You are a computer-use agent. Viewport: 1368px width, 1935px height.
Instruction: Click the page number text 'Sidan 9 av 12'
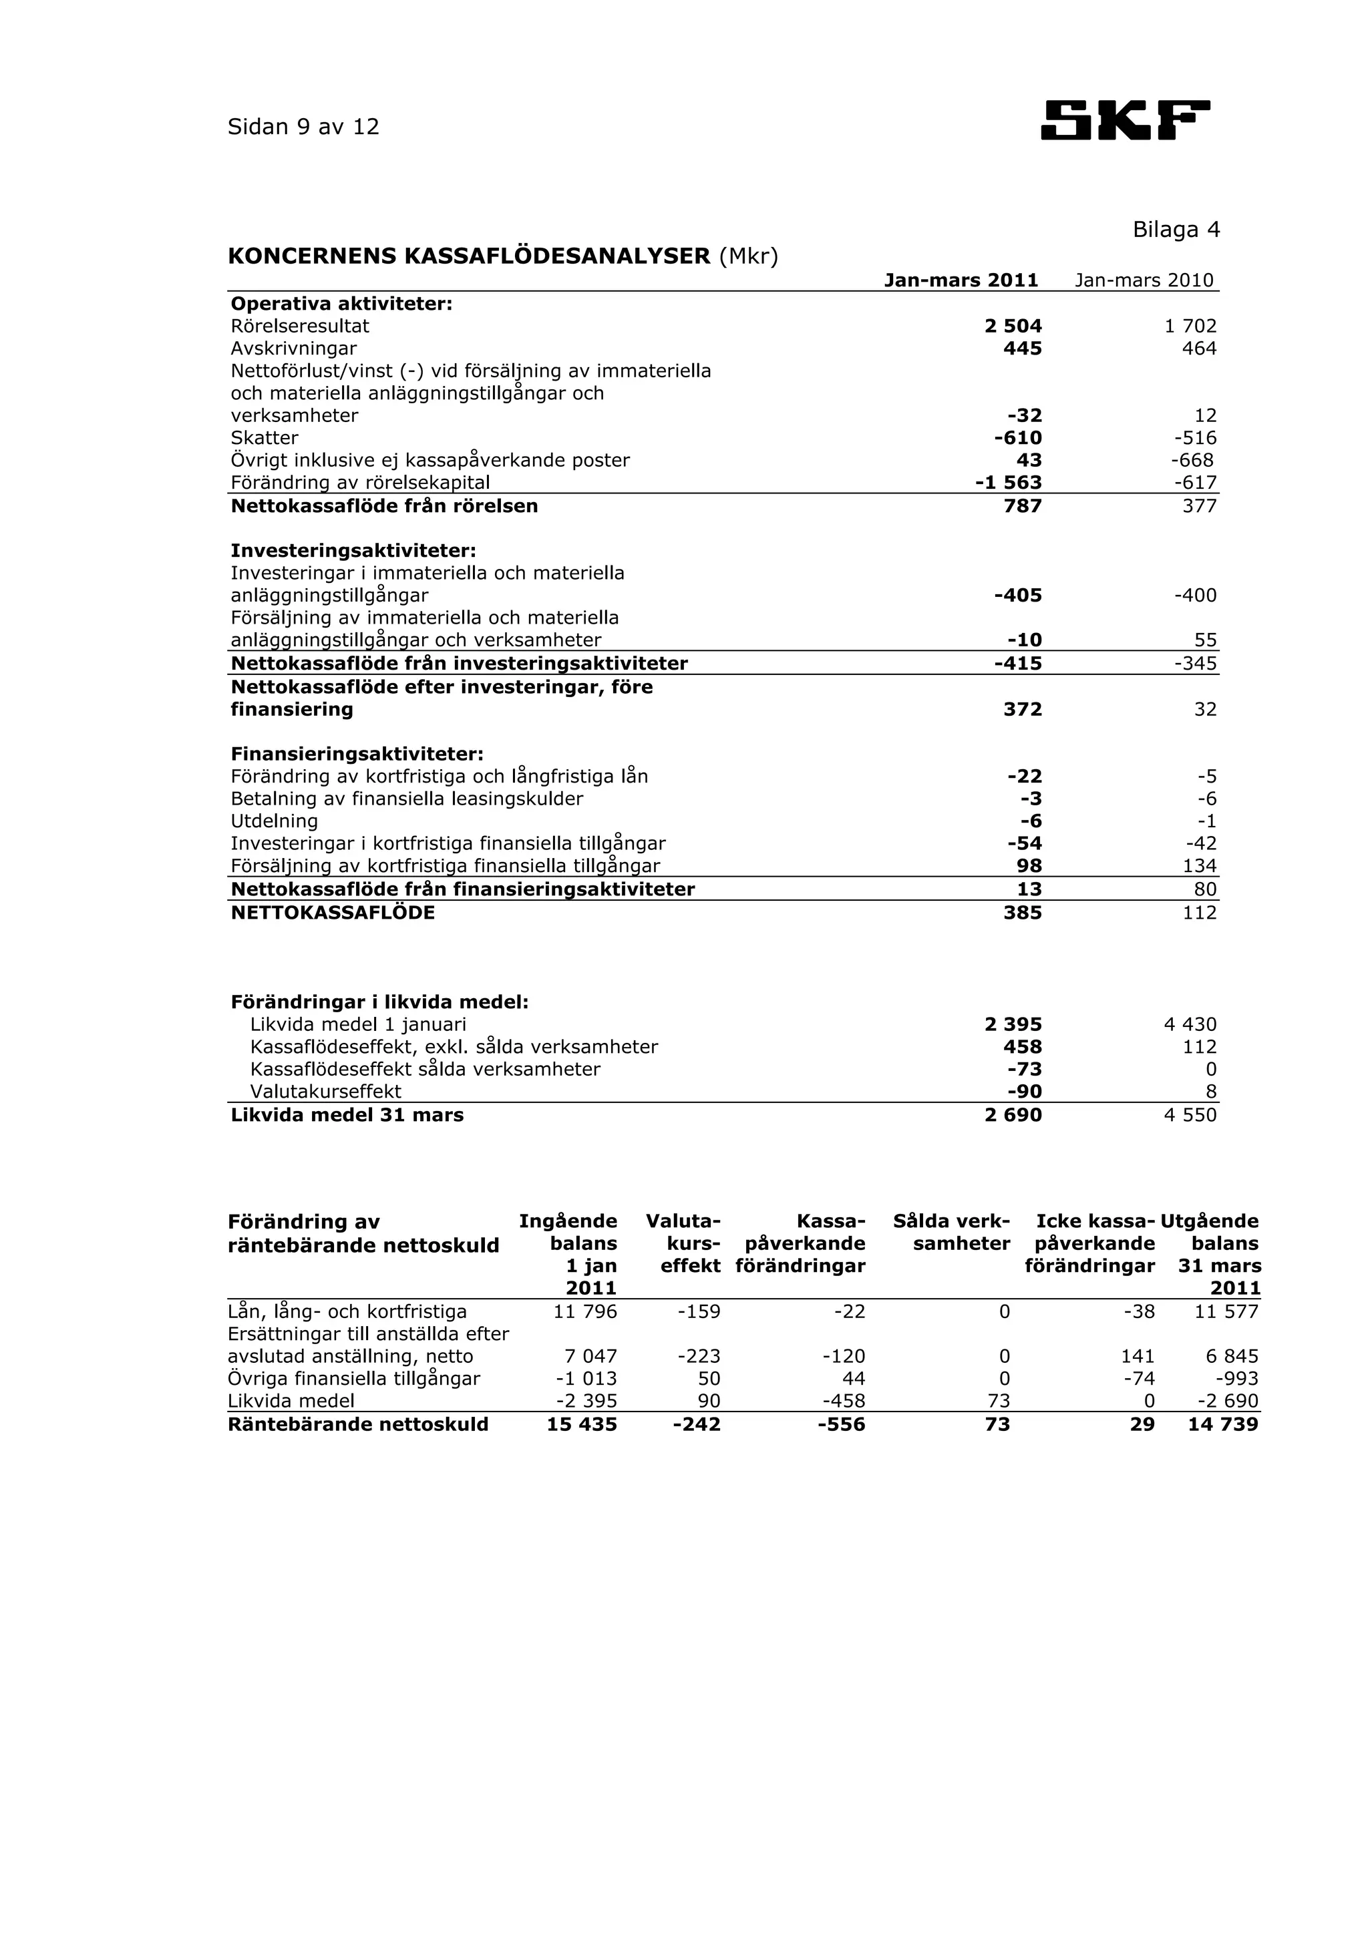click(303, 128)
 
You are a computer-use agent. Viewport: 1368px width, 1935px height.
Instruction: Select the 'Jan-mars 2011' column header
click(961, 280)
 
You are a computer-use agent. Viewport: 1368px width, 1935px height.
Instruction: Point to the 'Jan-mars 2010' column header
click(1144, 280)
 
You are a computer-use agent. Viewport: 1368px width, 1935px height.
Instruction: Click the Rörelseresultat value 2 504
click(1013, 326)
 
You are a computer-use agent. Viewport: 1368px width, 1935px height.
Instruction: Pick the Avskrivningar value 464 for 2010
click(1200, 348)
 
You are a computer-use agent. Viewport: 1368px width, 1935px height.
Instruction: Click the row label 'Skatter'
click(265, 438)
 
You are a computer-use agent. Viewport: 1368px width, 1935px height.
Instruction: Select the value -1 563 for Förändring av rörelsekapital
click(1008, 483)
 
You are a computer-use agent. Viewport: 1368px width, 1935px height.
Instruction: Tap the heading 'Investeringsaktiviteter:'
click(353, 550)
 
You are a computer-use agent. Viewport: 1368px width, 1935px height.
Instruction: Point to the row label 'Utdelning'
click(274, 821)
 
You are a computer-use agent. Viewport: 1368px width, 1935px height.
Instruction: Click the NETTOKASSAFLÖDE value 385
click(1023, 913)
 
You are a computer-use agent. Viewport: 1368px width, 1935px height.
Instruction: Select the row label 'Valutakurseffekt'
click(325, 1092)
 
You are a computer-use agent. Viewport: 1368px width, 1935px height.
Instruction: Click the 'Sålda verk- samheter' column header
click(952, 1232)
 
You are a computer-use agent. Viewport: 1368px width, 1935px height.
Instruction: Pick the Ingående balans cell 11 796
click(585, 1311)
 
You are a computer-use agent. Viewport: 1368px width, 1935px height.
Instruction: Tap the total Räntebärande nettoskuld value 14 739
click(1223, 1424)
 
